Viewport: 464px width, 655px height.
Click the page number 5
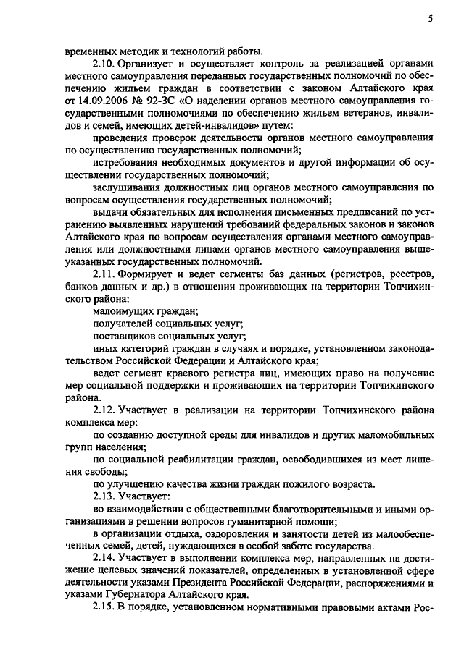430,20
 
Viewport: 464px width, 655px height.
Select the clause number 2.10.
105,64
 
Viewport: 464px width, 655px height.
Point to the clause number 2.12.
105,410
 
